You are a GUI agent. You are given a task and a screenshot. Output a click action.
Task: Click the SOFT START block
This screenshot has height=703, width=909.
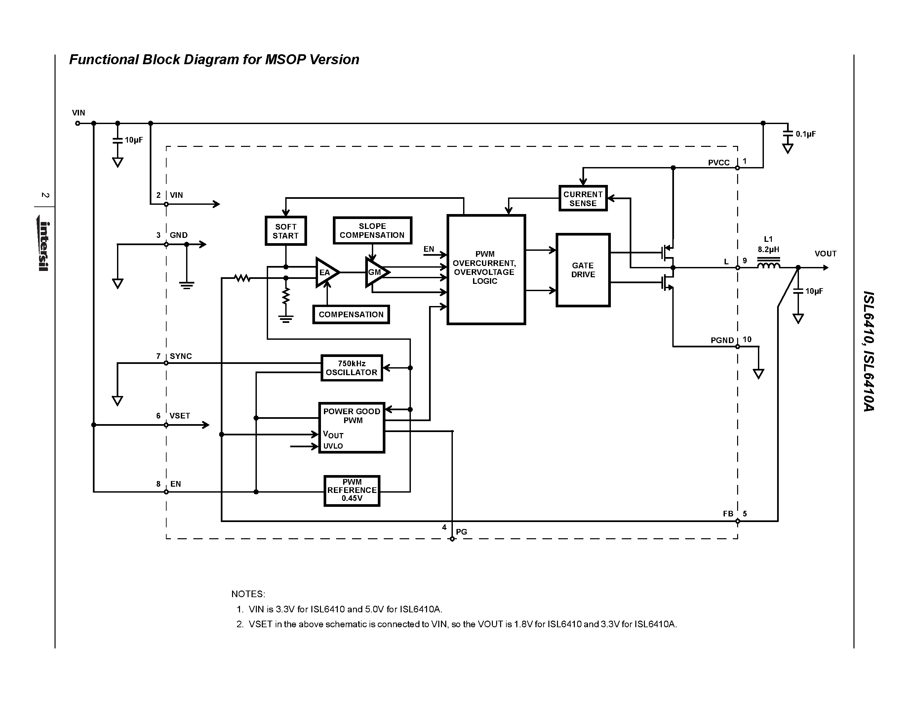[286, 231]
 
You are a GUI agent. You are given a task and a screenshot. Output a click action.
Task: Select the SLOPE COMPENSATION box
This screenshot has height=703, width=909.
[373, 230]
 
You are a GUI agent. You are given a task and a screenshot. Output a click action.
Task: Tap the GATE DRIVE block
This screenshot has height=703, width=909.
[583, 270]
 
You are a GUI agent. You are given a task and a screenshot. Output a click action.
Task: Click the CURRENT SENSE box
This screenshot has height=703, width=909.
[583, 198]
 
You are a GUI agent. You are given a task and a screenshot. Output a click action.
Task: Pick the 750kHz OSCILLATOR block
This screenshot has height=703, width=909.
[351, 368]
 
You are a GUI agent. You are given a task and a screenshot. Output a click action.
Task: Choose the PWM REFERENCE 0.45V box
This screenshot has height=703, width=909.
[352, 491]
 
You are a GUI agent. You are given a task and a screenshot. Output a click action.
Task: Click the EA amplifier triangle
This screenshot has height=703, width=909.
[326, 272]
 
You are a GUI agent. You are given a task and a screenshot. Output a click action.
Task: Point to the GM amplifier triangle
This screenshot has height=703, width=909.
[376, 272]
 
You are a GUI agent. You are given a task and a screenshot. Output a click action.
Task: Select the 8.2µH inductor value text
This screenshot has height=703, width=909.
[768, 249]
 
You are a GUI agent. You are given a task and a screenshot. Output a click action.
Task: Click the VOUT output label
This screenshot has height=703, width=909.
[825, 254]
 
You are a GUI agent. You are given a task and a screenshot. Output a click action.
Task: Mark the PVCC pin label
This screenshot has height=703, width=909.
[719, 163]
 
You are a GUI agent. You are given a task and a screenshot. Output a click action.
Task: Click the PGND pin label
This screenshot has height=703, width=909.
[722, 340]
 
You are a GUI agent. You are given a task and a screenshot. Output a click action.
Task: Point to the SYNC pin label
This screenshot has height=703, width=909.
[180, 356]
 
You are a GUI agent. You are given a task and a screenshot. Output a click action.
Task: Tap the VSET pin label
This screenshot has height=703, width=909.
[179, 416]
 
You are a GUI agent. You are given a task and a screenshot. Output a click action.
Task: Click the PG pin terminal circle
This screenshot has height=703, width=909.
[452, 539]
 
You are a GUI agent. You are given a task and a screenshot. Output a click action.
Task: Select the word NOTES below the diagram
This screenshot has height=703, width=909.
[248, 594]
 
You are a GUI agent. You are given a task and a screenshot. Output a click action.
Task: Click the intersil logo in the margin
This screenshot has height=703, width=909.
[44, 246]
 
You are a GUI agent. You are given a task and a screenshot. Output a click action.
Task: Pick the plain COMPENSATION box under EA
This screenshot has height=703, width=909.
[351, 314]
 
